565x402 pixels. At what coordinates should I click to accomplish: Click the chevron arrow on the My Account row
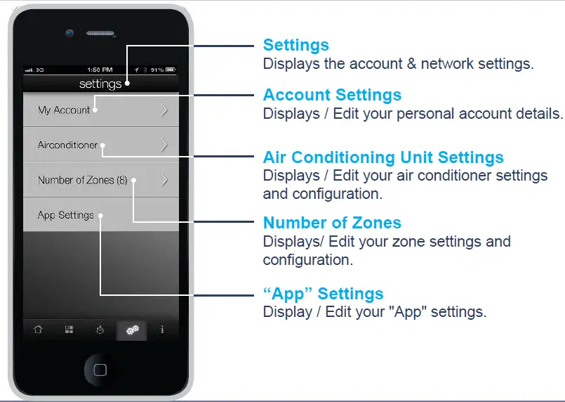164,110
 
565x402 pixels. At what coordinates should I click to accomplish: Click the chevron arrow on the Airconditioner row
164,145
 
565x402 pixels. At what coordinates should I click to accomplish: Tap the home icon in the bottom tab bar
38,330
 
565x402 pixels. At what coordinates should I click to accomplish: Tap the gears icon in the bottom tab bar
131,330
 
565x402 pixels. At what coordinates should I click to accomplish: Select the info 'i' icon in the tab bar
162,330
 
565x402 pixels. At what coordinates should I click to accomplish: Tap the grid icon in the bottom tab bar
69,330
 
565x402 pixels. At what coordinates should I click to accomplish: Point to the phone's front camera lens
69,32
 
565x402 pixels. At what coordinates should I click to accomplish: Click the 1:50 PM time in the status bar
100,70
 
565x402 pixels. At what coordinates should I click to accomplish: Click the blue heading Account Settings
332,95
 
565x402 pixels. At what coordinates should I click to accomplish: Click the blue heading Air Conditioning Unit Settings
383,157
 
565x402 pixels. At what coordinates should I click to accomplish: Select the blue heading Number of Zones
332,223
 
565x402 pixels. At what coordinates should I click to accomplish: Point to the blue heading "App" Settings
323,294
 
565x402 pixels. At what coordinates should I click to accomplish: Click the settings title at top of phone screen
100,84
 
